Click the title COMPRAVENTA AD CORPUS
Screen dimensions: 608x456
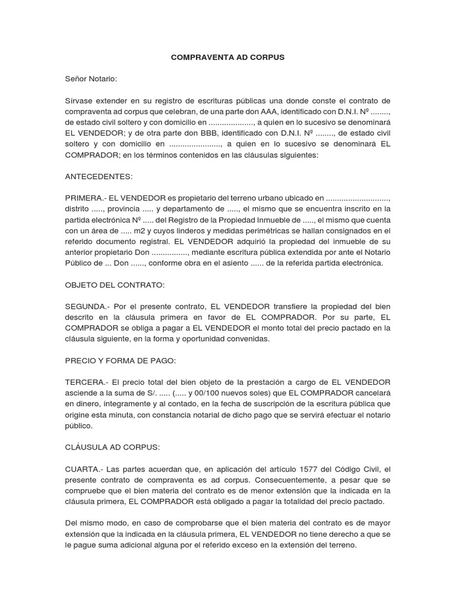click(228, 58)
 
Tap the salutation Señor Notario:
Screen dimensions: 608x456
click(91, 78)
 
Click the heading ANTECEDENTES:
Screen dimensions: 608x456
click(99, 176)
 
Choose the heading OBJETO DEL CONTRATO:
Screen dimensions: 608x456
click(115, 285)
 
